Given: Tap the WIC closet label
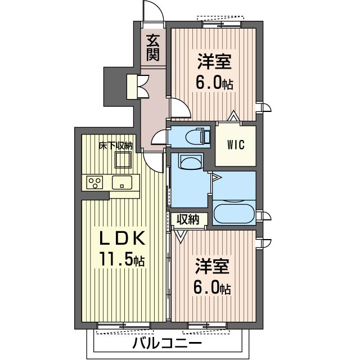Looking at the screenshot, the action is point(236,145).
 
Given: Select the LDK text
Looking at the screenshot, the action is point(121,238).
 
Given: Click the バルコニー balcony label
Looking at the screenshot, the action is point(167,343).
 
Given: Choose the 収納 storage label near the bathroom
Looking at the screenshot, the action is point(187,219).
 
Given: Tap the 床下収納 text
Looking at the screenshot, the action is point(115,146).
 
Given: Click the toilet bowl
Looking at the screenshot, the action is point(195,137).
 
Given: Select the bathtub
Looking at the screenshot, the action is point(234,213).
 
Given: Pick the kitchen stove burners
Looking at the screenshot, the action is point(95,182).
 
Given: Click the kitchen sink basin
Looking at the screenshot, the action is point(122,182).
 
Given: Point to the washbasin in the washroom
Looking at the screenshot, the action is point(191,162).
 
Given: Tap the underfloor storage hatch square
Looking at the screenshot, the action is point(124,160).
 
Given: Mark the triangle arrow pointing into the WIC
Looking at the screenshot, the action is point(234,116).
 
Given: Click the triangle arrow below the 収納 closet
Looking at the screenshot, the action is point(181,236).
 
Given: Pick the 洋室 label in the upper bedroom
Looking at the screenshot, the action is point(214,61).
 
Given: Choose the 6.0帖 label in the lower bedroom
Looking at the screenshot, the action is point(212,289).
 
